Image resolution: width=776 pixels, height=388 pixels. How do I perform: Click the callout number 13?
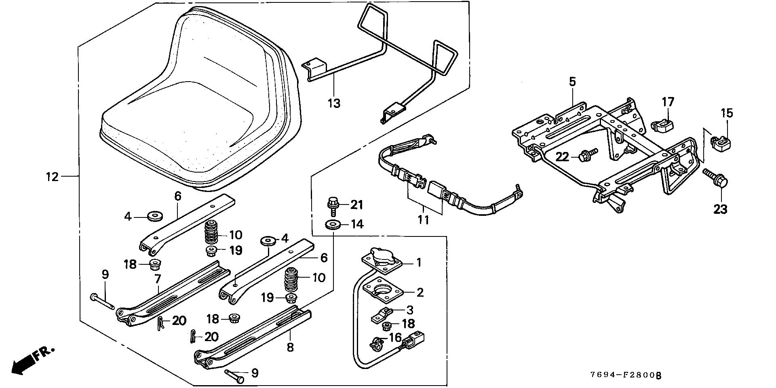(334, 103)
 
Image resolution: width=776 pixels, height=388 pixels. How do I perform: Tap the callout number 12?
(52, 177)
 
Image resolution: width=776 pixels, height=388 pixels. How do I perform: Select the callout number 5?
(572, 82)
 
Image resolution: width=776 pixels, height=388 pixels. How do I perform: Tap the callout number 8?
(290, 347)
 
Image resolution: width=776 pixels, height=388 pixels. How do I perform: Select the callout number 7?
(157, 278)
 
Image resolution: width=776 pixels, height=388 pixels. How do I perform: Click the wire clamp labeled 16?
(376, 344)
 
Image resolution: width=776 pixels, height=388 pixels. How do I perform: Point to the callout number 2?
(420, 292)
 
